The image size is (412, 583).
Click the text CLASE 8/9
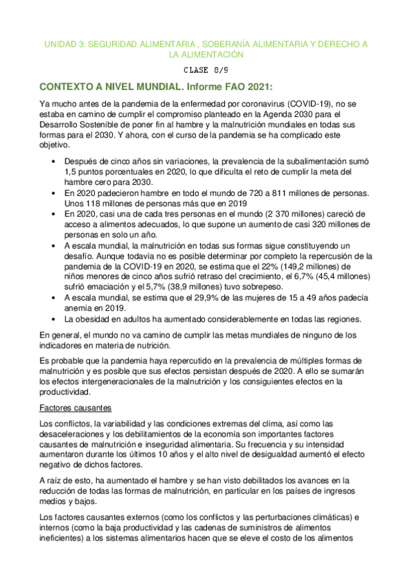tap(206, 69)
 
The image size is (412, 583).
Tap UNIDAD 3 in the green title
tap(63, 43)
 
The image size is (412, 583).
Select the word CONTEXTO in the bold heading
tap(74, 87)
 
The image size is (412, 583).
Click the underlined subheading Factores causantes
tap(74, 408)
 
